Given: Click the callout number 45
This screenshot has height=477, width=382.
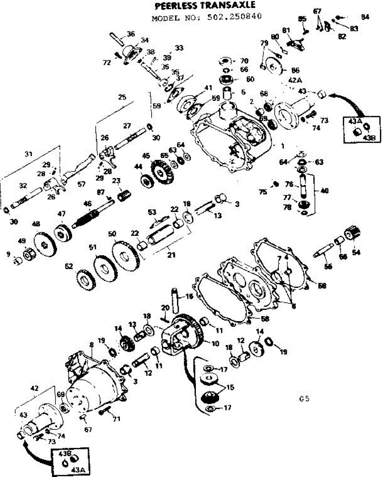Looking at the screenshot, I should pos(147,156).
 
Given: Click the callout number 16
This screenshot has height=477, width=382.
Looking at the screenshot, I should pos(189,296).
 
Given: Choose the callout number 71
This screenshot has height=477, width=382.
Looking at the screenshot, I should pos(116,418).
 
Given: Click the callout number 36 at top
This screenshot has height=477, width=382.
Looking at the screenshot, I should pos(131,33).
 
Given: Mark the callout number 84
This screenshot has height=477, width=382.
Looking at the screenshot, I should pos(365,17).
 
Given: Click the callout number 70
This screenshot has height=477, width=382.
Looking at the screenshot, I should pos(244,61).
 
